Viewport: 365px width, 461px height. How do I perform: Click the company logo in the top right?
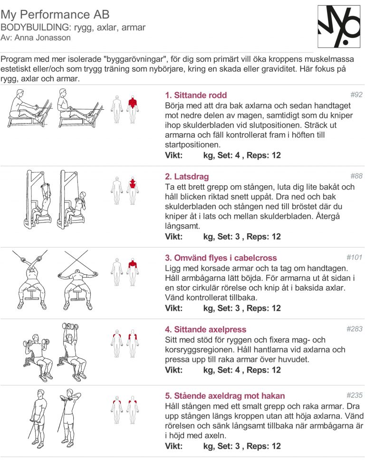[x=339, y=27]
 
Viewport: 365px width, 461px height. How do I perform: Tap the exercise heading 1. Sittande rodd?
[x=196, y=95]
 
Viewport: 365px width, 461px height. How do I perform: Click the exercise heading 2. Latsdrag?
[x=187, y=176]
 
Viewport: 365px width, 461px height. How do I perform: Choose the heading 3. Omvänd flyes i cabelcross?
[x=221, y=258]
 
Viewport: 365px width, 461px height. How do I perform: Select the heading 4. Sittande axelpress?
[x=205, y=329]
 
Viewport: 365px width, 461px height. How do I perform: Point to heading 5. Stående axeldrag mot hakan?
[x=225, y=396]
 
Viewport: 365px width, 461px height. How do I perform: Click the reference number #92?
[x=356, y=95]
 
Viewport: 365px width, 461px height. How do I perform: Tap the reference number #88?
[x=356, y=176]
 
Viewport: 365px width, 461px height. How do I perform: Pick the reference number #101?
[x=354, y=258]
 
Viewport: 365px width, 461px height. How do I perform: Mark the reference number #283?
[x=354, y=329]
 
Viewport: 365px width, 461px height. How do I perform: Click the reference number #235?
[x=354, y=395]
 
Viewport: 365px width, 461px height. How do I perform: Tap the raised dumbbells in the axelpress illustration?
[x=70, y=327]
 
